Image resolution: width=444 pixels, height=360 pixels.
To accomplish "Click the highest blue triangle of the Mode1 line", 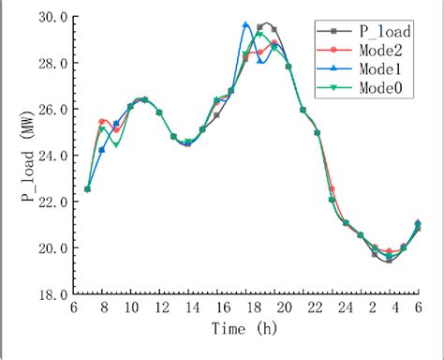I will (x=245, y=25).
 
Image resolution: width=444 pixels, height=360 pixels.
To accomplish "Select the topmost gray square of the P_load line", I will (x=266, y=25).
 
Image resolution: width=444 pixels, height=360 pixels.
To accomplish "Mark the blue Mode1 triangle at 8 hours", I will (x=101, y=150).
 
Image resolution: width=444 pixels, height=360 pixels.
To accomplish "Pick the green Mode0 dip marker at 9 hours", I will (x=116, y=144).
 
